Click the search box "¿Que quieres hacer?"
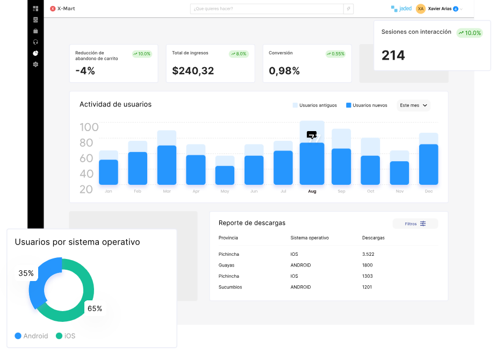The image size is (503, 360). (266, 9)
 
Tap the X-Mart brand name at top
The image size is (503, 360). (67, 9)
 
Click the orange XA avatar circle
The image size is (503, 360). (420, 9)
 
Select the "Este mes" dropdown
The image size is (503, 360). (413, 105)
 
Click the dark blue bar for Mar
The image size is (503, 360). (167, 165)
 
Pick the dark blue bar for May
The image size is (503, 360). (225, 176)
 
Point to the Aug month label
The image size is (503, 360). (312, 191)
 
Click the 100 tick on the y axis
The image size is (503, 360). (89, 127)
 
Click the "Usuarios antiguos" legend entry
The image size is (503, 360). (315, 105)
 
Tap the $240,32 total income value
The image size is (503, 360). (193, 70)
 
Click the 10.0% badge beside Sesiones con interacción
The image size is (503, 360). (470, 33)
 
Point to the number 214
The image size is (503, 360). (393, 55)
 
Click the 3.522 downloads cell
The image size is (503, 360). (368, 254)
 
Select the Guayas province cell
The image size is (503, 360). (226, 265)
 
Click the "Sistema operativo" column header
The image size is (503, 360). (310, 237)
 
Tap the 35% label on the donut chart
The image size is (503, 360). (26, 273)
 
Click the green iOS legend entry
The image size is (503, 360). (65, 336)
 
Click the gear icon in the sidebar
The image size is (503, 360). (35, 64)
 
